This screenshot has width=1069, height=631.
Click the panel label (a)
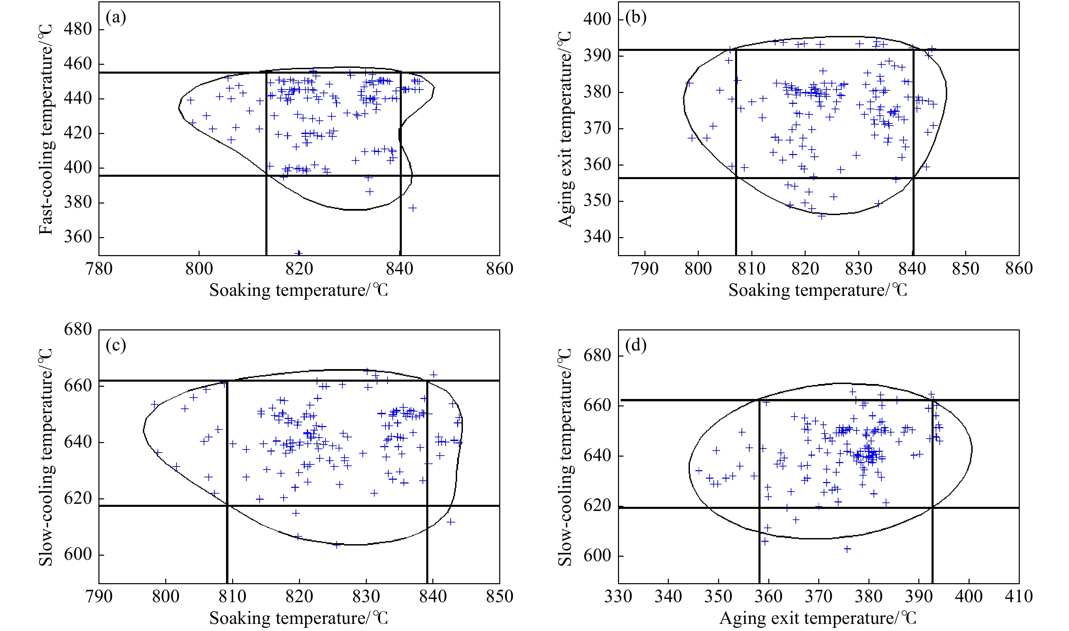[116, 18]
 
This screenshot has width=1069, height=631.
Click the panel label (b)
[636, 18]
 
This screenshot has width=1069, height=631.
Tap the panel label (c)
[116, 346]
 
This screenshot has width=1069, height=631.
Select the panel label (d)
[636, 346]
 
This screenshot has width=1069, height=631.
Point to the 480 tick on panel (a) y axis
[78, 29]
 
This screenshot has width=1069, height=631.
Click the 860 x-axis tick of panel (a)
[500, 269]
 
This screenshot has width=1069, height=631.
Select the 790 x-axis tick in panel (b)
[645, 269]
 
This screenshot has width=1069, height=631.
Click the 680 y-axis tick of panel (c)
[78, 329]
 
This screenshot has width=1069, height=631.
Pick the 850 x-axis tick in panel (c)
[500, 596]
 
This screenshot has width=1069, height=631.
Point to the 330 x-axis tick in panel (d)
[618, 596]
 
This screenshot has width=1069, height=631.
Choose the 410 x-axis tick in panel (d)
[1019, 596]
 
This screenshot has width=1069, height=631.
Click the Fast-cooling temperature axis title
[46, 129]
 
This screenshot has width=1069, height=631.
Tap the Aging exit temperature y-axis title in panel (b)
[565, 129]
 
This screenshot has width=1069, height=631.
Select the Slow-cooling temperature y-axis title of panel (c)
[46, 457]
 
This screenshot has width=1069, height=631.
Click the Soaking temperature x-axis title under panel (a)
[299, 290]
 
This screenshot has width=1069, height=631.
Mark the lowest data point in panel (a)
[299, 253]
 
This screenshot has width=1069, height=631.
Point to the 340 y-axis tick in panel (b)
[597, 237]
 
